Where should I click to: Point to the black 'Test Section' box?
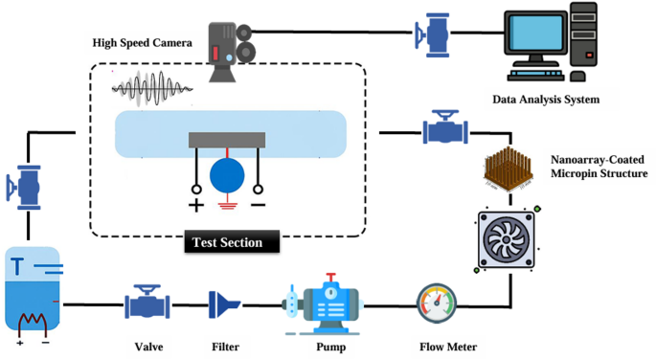pos(229,242)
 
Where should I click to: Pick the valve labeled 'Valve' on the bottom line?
pos(147,304)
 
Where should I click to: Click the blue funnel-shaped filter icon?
pos(225,305)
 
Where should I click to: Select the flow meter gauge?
pos(437,304)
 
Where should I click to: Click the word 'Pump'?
pos(330,347)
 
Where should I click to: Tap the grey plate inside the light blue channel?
pos(228,141)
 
